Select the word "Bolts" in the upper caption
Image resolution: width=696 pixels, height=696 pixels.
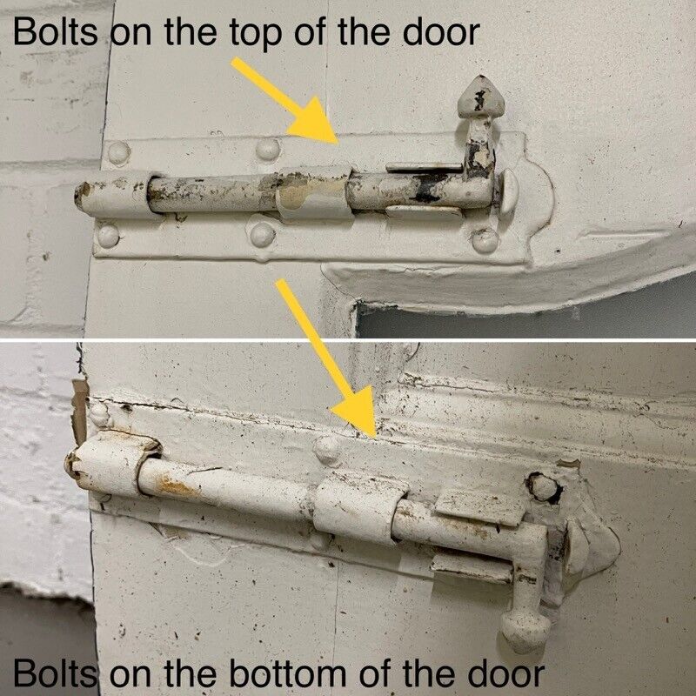(56, 31)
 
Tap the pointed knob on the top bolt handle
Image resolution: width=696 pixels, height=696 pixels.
(481, 97)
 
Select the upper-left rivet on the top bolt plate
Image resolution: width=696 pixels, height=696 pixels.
(119, 153)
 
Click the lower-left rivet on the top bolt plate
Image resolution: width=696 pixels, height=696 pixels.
(108, 236)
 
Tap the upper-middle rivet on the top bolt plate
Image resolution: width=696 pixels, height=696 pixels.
(268, 149)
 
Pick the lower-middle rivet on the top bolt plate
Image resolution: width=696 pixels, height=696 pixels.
(263, 234)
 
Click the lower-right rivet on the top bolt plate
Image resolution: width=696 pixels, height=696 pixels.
(485, 240)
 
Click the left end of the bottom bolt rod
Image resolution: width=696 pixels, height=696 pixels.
(70, 464)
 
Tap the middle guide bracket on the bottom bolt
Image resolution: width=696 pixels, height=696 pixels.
(359, 509)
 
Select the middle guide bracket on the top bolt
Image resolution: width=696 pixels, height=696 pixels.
(314, 193)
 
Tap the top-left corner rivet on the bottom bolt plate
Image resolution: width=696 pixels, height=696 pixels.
(99, 414)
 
